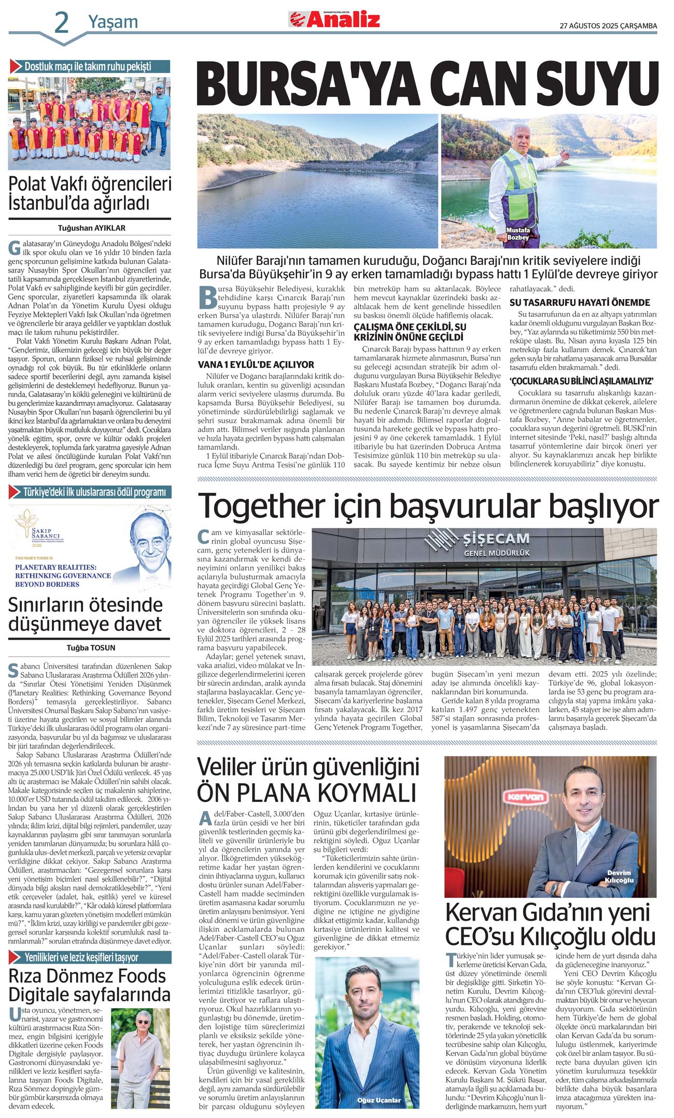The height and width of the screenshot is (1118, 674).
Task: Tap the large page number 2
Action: pyautogui.click(x=61, y=23)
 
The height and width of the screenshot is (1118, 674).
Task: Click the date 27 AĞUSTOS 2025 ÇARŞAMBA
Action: pyautogui.click(x=608, y=25)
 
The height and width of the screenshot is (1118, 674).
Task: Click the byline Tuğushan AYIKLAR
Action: pyautogui.click(x=91, y=228)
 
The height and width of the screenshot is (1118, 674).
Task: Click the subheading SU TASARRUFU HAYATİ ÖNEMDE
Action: pyautogui.click(x=580, y=302)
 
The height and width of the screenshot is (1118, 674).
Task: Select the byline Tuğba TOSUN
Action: pyautogui.click(x=91, y=647)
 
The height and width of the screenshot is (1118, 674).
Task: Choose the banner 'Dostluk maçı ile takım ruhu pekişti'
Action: pyautogui.click(x=88, y=66)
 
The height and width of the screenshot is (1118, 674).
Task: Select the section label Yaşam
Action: pyautogui.click(x=113, y=22)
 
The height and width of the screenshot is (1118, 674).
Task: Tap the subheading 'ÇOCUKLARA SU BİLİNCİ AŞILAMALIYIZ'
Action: pyautogui.click(x=582, y=381)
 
